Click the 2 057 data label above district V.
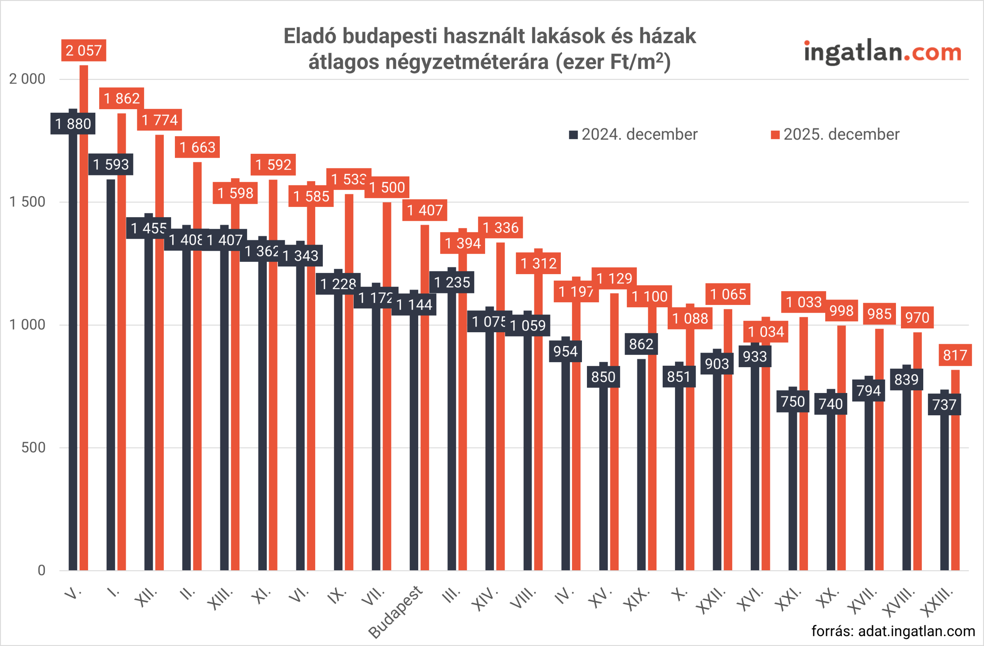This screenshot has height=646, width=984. [83, 50]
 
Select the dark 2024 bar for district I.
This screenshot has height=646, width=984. [111, 372]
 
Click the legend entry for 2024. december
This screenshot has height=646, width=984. [633, 135]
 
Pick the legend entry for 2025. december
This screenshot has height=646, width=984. [835, 135]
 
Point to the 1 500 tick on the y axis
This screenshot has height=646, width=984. [27, 202]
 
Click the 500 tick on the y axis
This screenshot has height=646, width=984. [33, 448]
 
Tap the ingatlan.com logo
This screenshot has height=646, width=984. [882, 53]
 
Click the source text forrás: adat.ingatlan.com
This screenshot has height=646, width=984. [893, 631]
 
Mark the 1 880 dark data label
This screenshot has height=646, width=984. [73, 124]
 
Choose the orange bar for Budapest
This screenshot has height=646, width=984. [425, 397]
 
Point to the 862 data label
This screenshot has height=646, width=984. [641, 344]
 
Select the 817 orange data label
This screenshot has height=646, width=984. [955, 355]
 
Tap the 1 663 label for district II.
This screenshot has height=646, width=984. [197, 147]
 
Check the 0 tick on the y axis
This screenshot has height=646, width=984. [42, 570]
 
